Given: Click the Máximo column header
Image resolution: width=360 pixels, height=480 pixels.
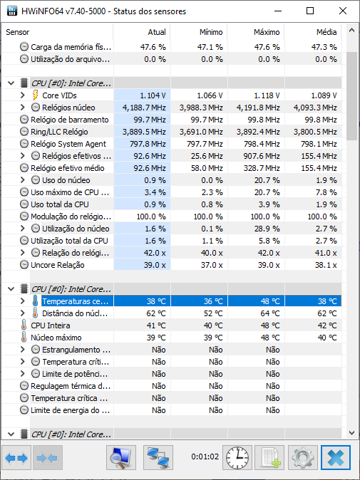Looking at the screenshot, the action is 266,32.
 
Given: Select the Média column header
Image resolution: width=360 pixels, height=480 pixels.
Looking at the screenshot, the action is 326,32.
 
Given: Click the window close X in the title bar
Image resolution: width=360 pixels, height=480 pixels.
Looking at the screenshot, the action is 343,11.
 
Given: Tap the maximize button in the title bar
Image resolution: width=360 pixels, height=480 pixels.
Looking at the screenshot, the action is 310,11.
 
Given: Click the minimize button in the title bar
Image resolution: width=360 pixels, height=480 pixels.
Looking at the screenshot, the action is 278,11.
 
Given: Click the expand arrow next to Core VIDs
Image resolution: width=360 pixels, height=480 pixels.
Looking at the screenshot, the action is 22,95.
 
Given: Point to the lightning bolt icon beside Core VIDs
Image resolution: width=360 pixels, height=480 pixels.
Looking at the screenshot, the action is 35,95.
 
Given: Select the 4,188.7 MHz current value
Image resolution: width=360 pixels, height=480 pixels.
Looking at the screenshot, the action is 144,108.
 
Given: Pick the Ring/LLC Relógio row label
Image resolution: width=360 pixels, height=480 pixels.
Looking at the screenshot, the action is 59,132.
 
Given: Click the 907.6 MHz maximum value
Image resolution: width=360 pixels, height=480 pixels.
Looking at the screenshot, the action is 262,156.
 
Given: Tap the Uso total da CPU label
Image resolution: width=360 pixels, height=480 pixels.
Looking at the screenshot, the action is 60,204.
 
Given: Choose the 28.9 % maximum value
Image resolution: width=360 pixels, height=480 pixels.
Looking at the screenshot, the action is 267,229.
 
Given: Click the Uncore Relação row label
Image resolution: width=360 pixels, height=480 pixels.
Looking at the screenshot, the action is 58,265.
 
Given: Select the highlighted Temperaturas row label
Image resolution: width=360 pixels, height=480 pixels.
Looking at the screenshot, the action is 75,301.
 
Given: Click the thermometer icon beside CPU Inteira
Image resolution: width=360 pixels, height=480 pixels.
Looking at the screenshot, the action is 24,325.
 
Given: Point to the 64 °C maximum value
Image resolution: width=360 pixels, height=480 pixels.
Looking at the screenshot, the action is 270,313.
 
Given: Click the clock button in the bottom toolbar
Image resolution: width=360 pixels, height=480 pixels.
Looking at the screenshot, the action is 237,458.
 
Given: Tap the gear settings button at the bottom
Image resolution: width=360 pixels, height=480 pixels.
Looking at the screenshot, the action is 303,458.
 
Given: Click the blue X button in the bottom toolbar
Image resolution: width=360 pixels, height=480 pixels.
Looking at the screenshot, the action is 336,458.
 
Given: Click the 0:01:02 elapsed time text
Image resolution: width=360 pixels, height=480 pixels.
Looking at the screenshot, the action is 205,456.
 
